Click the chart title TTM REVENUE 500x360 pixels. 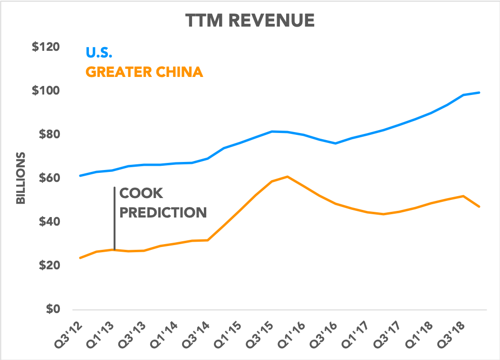point(250,20)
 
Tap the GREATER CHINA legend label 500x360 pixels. point(144,72)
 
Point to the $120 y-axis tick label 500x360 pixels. point(46,47)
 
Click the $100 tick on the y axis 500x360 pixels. point(46,91)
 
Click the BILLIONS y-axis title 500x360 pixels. point(21,178)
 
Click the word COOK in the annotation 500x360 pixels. point(141,193)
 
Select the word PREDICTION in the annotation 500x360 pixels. point(163,212)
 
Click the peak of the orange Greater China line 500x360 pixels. point(288,177)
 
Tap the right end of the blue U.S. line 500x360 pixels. point(479,93)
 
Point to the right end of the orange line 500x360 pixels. point(479,207)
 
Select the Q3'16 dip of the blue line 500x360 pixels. point(336,143)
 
